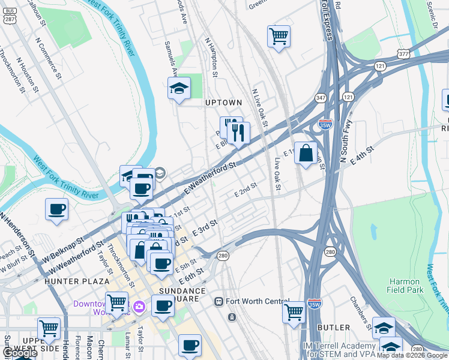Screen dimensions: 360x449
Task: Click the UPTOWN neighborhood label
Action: [x=223, y=103]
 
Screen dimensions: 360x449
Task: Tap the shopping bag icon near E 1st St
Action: [x=306, y=153]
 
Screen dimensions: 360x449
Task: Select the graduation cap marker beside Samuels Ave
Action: [x=179, y=89]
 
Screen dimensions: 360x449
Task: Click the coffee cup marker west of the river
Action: [x=57, y=209]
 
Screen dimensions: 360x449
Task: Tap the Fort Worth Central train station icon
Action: [x=218, y=301]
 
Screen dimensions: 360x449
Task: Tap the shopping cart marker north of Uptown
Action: [x=279, y=37]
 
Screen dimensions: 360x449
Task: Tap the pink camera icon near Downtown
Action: [x=139, y=307]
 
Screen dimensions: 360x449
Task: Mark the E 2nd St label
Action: [x=245, y=190]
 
